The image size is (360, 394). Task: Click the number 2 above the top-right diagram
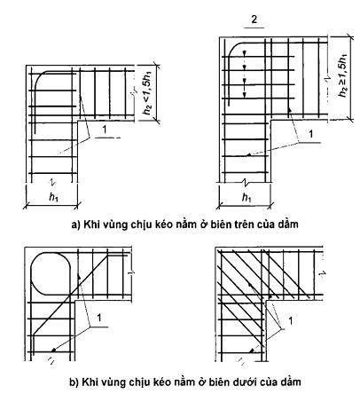point(254,20)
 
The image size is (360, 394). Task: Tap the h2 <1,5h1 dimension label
point(147,93)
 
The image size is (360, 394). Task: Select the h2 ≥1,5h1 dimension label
point(342,75)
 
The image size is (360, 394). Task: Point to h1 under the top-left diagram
point(53,197)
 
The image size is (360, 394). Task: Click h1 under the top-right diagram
point(247,197)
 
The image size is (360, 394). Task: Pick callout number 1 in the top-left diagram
point(104,130)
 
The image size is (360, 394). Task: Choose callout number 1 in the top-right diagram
point(310,134)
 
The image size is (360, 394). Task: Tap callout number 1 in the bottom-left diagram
point(99,318)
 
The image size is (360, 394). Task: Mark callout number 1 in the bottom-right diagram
point(291,320)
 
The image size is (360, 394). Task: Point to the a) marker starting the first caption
point(76,225)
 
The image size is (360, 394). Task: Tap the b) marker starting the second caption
point(74,382)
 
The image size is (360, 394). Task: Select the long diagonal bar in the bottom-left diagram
point(70,295)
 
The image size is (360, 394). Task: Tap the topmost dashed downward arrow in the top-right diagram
point(244,55)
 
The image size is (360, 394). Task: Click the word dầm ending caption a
point(288,225)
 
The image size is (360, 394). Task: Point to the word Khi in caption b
point(90,382)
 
